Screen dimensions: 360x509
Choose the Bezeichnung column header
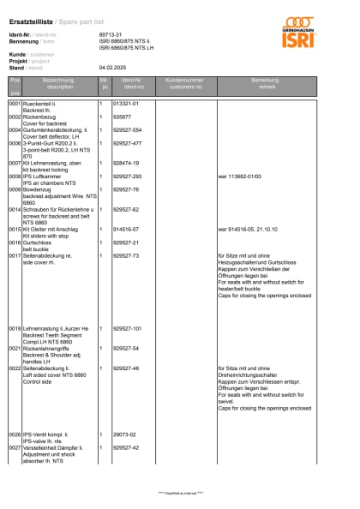click(x=58, y=83)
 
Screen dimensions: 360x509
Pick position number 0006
click(x=15, y=143)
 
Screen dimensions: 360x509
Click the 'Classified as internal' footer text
click(x=180, y=494)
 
